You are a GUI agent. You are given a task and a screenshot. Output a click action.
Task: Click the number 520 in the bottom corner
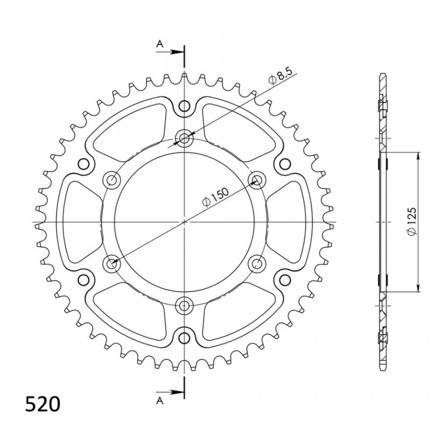click(x=42, y=404)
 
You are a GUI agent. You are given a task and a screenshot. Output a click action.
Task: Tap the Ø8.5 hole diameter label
click(x=280, y=77)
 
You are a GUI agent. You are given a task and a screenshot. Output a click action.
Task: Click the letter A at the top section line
click(x=160, y=44)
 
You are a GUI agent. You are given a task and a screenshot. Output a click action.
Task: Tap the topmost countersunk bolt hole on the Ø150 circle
click(x=185, y=138)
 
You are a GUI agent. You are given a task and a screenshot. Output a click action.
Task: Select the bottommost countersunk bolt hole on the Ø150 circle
click(x=185, y=306)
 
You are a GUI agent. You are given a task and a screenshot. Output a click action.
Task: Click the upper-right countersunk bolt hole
click(x=258, y=180)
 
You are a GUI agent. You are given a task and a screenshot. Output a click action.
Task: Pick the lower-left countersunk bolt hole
click(x=112, y=264)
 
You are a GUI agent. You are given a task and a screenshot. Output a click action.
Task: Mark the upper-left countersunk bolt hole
click(x=112, y=180)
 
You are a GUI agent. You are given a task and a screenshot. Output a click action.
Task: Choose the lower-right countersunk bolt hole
click(x=258, y=264)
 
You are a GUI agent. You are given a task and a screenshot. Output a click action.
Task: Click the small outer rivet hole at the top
click(x=185, y=105)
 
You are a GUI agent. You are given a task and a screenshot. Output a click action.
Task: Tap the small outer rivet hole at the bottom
click(x=185, y=337)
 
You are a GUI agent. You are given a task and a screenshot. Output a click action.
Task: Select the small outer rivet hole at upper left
click(x=84, y=164)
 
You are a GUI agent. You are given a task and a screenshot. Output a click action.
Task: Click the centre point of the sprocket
click(x=185, y=222)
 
